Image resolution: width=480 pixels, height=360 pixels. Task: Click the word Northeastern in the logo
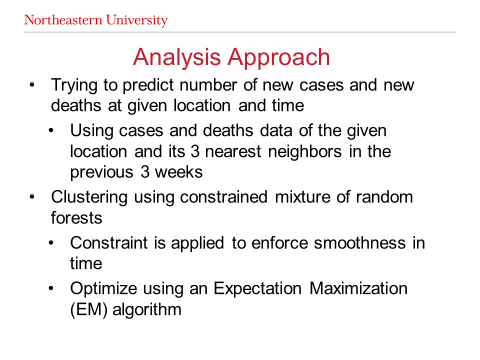(x=63, y=20)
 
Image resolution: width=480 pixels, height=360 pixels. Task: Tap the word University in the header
(x=137, y=21)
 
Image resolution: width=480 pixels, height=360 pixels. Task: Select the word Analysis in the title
(x=176, y=57)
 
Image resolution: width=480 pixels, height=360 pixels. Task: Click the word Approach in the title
(x=278, y=57)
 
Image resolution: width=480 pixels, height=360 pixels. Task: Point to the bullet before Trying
(x=32, y=85)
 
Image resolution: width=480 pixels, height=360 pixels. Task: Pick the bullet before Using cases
(x=51, y=130)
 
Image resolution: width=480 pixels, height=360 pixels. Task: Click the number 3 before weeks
(x=145, y=172)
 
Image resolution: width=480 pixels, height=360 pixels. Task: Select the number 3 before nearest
(x=195, y=151)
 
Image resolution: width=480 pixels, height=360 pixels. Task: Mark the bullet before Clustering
(x=32, y=197)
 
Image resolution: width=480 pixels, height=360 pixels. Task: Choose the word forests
(x=76, y=217)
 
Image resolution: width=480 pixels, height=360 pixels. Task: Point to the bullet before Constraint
(x=51, y=243)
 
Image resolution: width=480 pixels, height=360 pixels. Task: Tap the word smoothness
(x=359, y=243)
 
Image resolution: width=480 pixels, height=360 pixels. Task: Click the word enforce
(x=279, y=243)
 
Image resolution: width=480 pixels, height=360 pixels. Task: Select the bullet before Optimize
(x=51, y=288)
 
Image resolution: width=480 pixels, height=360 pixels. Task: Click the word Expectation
(x=257, y=288)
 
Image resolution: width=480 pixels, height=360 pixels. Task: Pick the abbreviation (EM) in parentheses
(x=89, y=309)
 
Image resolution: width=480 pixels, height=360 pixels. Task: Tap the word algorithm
(x=147, y=310)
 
